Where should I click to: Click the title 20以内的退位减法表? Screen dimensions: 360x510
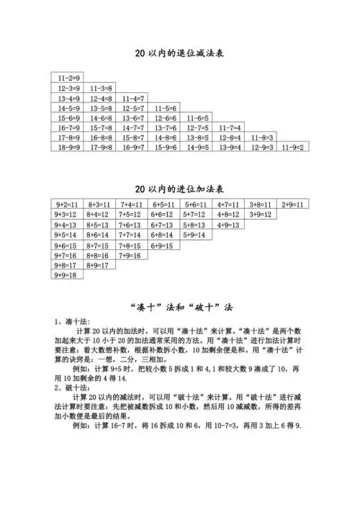[180, 53]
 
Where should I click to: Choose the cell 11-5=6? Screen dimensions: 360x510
[166, 107]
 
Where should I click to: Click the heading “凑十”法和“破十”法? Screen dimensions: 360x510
[180, 305]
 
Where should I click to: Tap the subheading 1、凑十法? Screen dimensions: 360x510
[71, 321]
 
